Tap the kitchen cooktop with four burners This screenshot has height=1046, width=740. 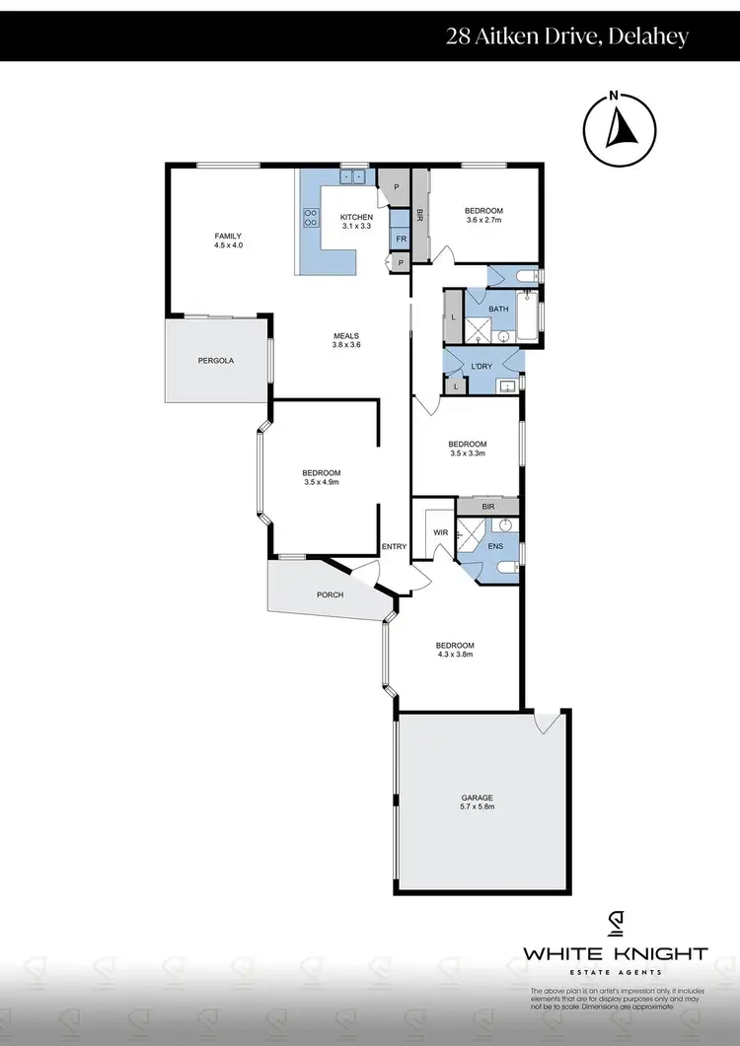pos(310,217)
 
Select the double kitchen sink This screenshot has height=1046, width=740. pos(352,177)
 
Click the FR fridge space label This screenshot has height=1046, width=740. pos(401,239)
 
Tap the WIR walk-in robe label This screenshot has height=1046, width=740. pos(441,533)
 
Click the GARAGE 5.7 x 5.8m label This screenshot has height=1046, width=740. pos(477,802)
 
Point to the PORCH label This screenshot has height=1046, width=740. pos(329,594)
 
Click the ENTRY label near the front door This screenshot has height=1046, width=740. pos(394,546)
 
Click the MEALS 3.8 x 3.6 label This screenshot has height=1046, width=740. pos(345,340)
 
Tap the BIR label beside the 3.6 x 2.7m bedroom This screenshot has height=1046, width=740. pos(420,214)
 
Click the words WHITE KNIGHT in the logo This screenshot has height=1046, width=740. pos(615,953)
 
